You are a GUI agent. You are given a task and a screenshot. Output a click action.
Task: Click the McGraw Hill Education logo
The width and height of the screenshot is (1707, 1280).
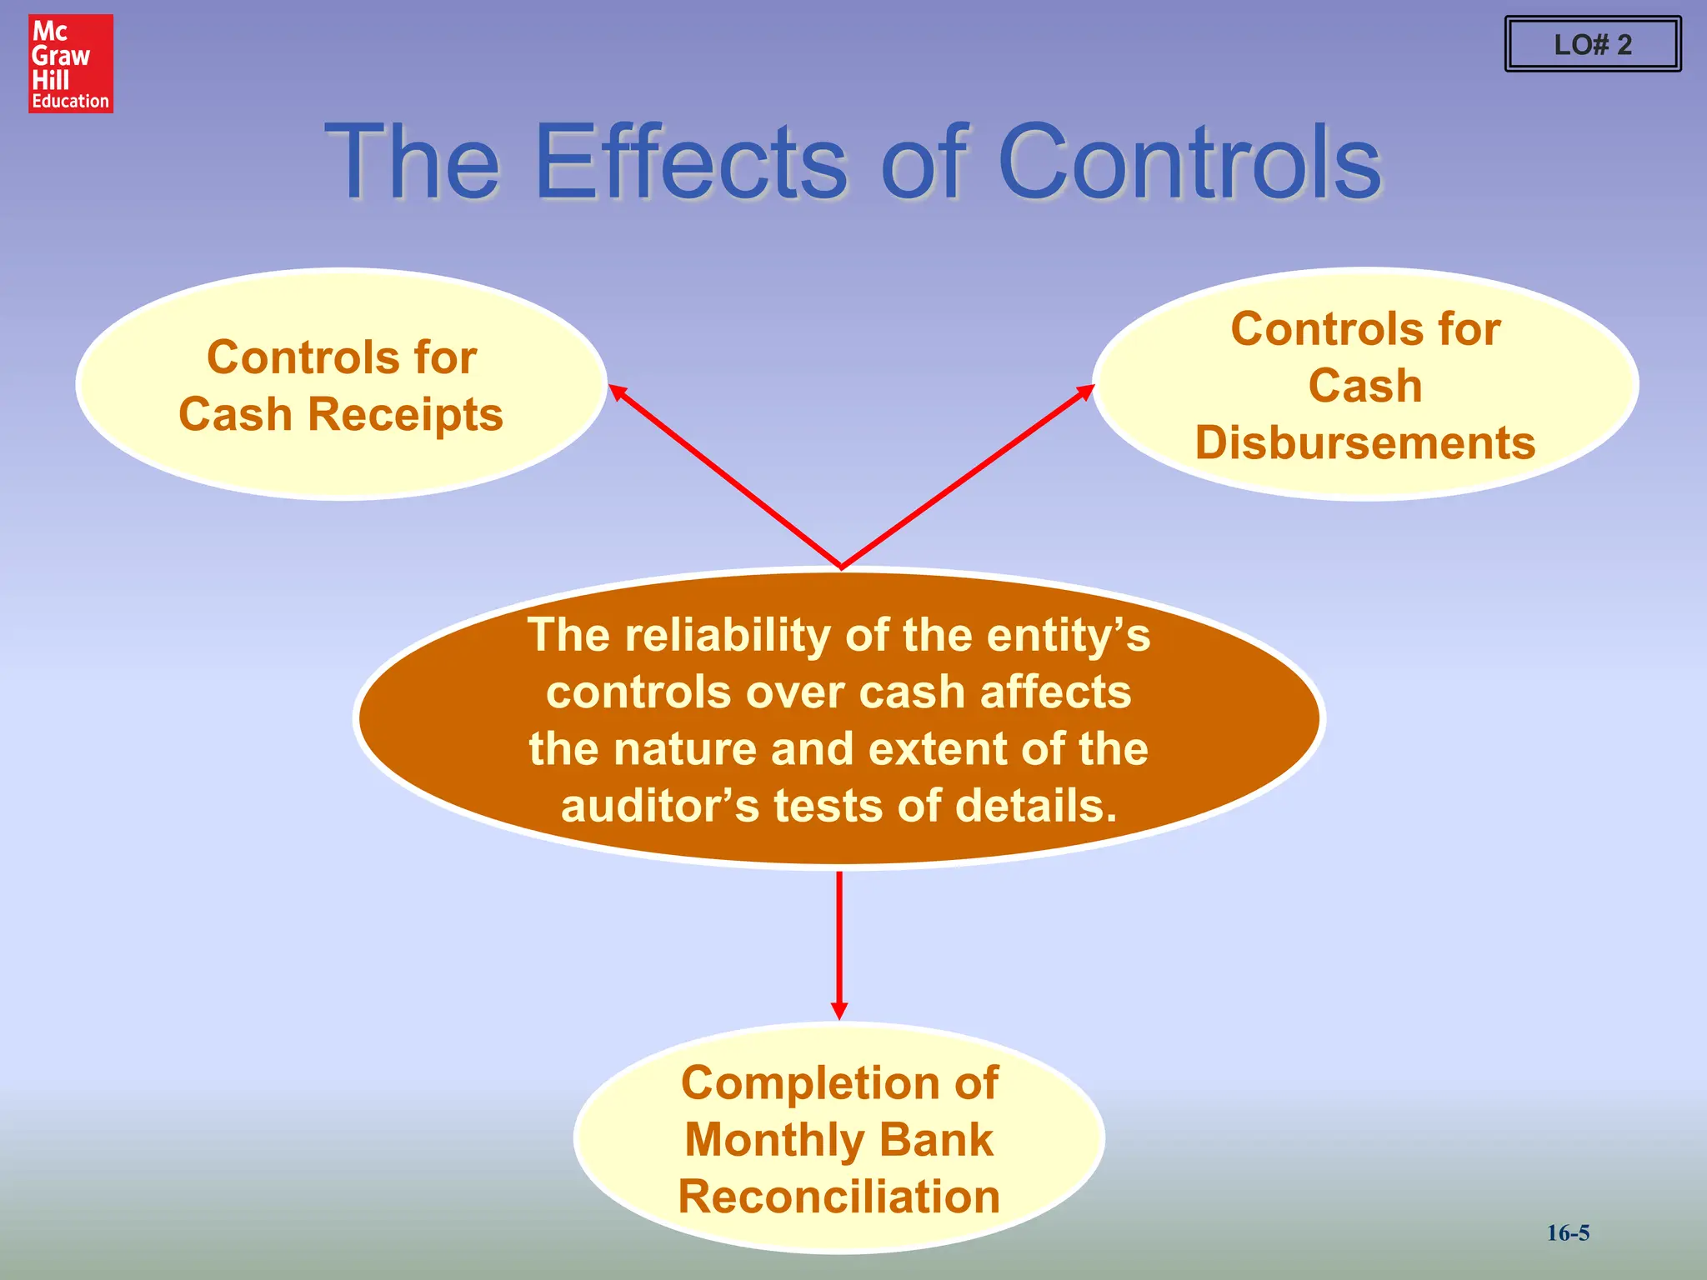tap(71, 63)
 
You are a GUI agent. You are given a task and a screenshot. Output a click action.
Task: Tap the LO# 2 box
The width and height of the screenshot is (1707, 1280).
tap(1592, 44)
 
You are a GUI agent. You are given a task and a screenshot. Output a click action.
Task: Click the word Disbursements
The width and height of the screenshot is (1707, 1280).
tap(1364, 442)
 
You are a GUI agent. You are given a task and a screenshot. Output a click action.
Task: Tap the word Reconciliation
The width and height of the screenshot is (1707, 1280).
tap(838, 1197)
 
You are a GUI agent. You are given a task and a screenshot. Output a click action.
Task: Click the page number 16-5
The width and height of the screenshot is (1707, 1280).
tap(1568, 1232)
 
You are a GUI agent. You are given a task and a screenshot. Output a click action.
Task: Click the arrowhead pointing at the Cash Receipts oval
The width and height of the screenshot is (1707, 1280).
tap(618, 392)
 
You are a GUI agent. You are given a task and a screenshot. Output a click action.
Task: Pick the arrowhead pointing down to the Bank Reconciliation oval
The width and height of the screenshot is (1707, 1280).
tap(839, 1010)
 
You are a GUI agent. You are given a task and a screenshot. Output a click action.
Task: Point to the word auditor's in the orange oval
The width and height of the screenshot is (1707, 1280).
tap(659, 806)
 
